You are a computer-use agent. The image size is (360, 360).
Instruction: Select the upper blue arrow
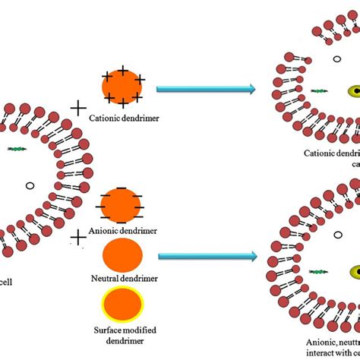[205, 90]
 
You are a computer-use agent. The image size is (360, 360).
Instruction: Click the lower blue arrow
[205, 257]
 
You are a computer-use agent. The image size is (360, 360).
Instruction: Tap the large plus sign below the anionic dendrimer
[77, 239]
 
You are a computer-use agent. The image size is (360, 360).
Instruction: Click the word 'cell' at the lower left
[10, 279]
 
